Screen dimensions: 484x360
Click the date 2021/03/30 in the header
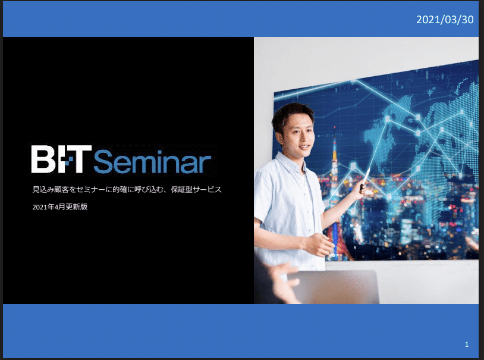(x=445, y=20)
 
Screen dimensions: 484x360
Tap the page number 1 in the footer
(x=467, y=345)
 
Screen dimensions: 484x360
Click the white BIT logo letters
(x=61, y=159)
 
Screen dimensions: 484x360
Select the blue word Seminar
(x=152, y=161)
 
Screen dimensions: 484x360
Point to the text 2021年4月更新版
(x=60, y=206)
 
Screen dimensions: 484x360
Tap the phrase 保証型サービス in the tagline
(x=196, y=189)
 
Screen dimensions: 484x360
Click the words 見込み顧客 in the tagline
(x=51, y=189)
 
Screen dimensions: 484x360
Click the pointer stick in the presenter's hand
(x=365, y=177)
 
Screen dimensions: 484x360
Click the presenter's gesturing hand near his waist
(x=319, y=244)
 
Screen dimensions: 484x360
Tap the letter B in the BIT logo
(x=43, y=159)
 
